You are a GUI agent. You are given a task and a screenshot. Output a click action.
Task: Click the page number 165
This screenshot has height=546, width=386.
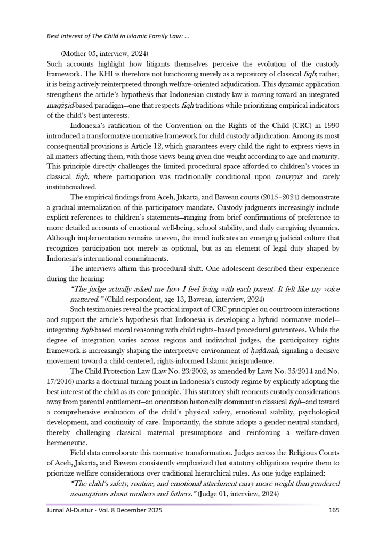click(x=333, y=510)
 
